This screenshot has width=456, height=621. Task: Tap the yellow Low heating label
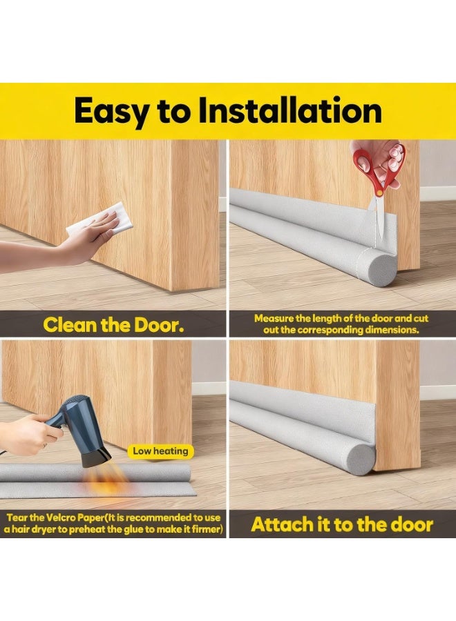click(160, 451)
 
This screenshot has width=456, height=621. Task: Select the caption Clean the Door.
click(113, 325)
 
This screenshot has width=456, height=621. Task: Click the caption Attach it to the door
click(342, 524)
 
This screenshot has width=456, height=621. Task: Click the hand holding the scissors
click(383, 155)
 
